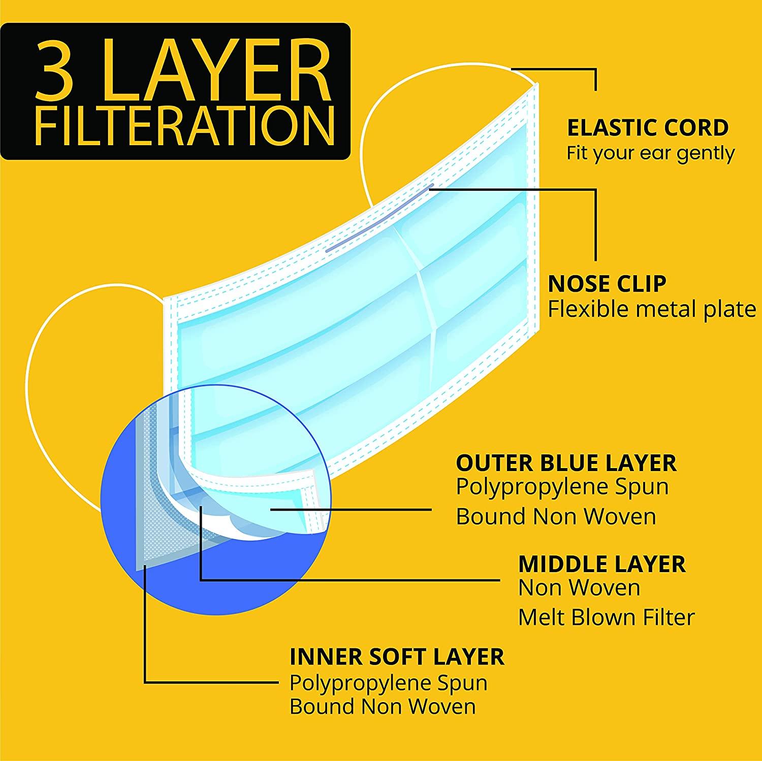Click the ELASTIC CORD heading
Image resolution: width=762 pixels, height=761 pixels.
pos(648,128)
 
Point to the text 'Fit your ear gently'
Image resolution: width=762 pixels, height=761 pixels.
pos(651,153)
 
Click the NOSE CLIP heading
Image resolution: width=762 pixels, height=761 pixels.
pos(607,284)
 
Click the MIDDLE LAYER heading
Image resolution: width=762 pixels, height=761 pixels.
pos(602,564)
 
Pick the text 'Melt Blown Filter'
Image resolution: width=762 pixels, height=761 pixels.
pos(607,618)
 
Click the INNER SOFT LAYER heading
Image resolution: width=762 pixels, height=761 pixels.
pos(397,656)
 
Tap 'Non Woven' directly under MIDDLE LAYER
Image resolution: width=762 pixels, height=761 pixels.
pos(580,588)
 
